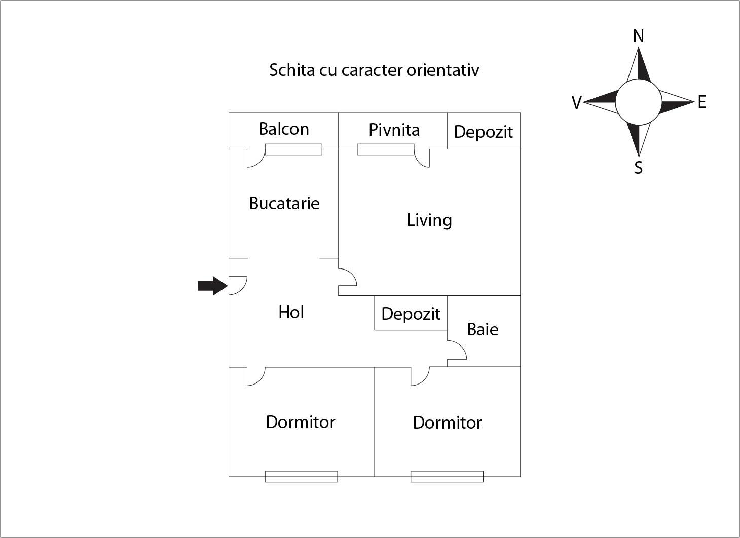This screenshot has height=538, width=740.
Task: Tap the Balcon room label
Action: pyautogui.click(x=283, y=129)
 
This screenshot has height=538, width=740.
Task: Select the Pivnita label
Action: pyautogui.click(x=394, y=130)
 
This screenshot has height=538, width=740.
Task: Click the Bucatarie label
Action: pyautogui.click(x=284, y=203)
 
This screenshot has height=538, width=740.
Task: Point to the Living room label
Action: pyautogui.click(x=429, y=220)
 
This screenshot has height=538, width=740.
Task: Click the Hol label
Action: pyautogui.click(x=291, y=312)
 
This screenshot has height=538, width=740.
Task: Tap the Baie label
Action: pyautogui.click(x=483, y=329)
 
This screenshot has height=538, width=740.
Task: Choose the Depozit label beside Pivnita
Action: pyautogui.click(x=483, y=132)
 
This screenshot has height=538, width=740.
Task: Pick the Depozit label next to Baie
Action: pyautogui.click(x=411, y=314)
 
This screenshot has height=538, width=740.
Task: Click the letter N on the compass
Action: pyautogui.click(x=639, y=36)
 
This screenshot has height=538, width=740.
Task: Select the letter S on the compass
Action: pyautogui.click(x=639, y=168)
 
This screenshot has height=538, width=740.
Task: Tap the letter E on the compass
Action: pyautogui.click(x=701, y=102)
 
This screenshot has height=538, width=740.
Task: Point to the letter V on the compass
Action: pyautogui.click(x=576, y=103)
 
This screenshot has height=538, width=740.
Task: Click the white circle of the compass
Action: pyautogui.click(x=639, y=102)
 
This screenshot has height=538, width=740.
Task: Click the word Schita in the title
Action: pyautogui.click(x=291, y=70)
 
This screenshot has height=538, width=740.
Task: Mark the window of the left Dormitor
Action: pyautogui.click(x=301, y=476)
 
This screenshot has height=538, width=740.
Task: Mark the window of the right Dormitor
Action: pyautogui.click(x=447, y=476)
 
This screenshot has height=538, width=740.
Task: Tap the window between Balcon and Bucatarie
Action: pyautogui.click(x=293, y=149)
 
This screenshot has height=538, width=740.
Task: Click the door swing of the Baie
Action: pyautogui.click(x=457, y=351)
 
